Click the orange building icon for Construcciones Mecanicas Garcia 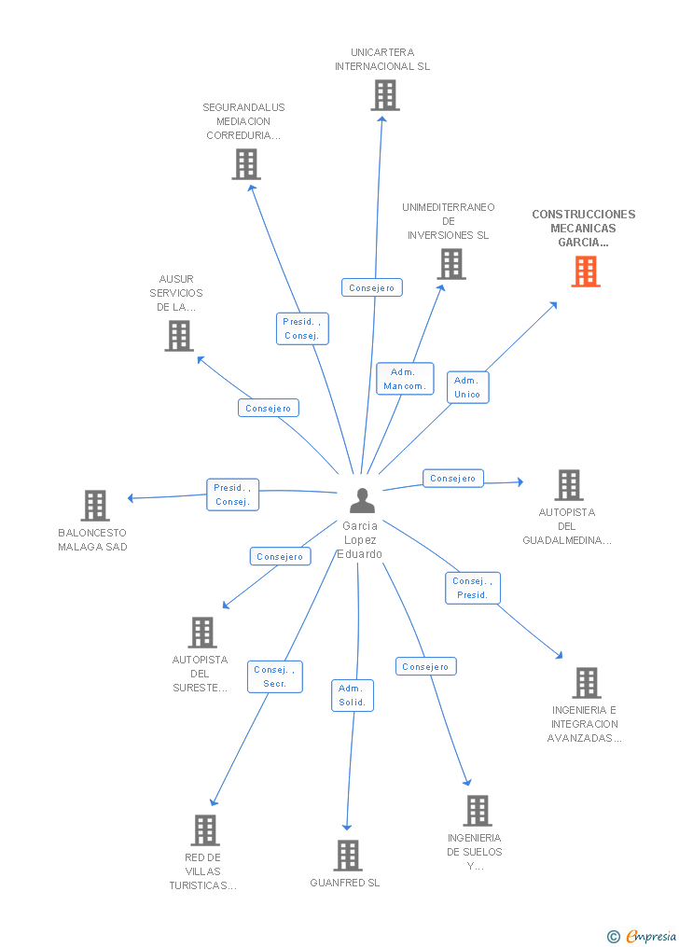pos(586,272)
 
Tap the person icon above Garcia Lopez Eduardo pos(362,501)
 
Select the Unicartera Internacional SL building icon pos(385,95)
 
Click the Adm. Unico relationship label pos(468,387)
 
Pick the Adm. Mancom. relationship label pos(405,379)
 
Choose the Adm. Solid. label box pos(353,695)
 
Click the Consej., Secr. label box pos(274,676)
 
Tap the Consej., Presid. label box pos(473,588)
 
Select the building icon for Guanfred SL pos(348,856)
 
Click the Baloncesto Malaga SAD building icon pos(95,506)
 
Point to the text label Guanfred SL pos(345,883)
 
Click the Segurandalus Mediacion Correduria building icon pos(246,164)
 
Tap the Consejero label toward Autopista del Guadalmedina pos(452,479)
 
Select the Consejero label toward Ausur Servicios pos(269,409)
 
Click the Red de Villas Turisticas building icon pos(205,830)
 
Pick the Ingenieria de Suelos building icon pos(478,811)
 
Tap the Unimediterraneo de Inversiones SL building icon pos(451,264)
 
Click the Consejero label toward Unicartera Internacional pos(372,287)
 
